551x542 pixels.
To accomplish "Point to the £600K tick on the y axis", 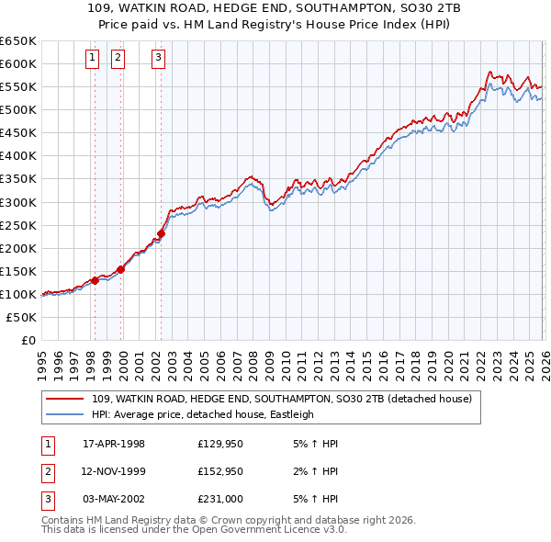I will pos(17,63).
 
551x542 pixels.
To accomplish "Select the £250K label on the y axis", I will pos(17,225).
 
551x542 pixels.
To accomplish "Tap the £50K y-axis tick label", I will pos(21,317).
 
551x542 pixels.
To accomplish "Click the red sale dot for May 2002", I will pos(161,233).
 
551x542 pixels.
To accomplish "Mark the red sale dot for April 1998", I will pos(95,280).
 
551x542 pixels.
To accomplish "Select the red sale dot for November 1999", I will pos(120,269).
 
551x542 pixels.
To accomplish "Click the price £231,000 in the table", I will pos(219,499).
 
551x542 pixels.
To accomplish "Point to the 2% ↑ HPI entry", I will pos(319,471).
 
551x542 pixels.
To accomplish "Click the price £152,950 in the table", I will pos(219,471).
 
